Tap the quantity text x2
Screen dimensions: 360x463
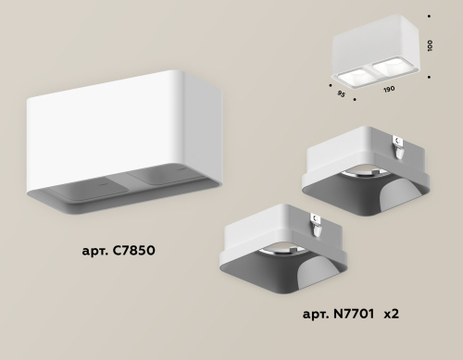click(x=391, y=316)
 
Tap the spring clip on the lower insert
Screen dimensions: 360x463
click(x=317, y=220)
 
